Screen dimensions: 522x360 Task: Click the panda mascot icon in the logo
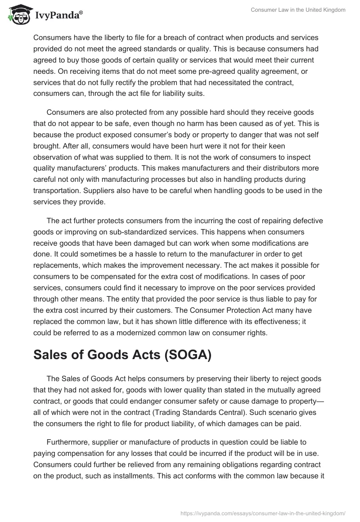tap(18, 14)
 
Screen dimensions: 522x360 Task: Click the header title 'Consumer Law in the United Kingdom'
tap(297, 10)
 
